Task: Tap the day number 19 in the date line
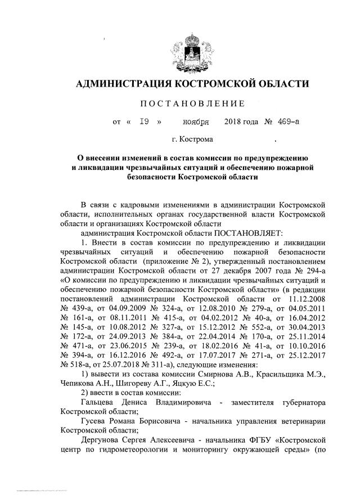[144, 121]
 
